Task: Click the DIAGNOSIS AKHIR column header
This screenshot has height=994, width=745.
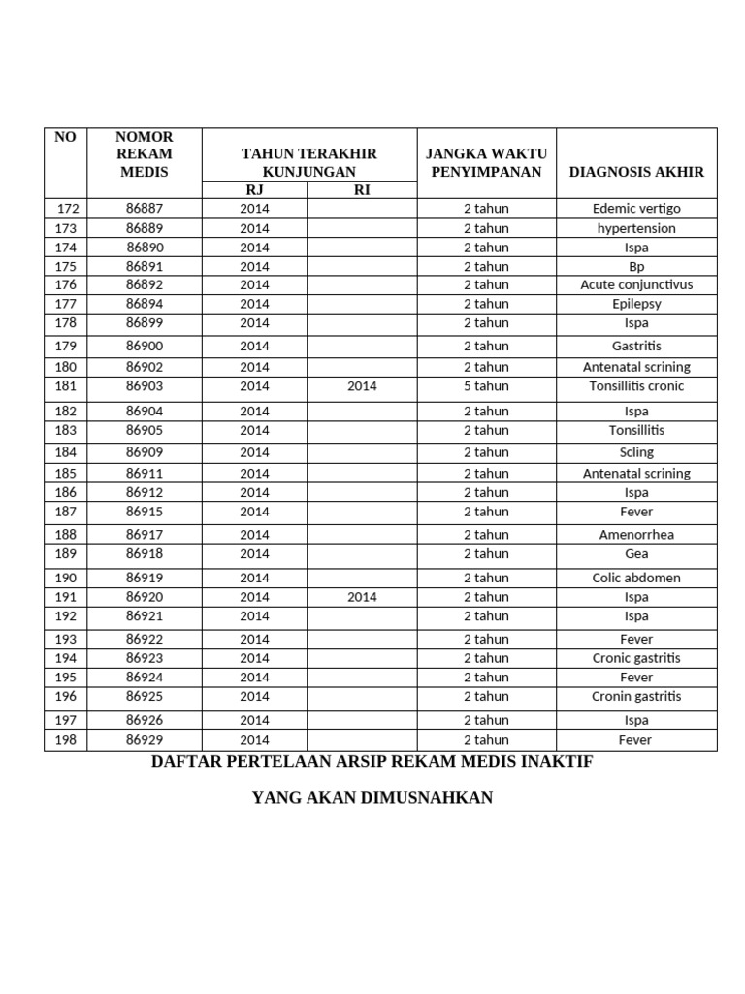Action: coord(636,172)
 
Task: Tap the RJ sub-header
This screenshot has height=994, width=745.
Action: coord(254,190)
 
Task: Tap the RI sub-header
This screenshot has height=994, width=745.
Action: coord(362,190)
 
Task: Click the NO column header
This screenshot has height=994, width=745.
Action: coord(65,137)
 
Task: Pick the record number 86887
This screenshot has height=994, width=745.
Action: coord(145,209)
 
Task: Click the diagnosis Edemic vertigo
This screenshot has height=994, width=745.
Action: coord(636,209)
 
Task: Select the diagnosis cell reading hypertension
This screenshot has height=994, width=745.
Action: coord(636,228)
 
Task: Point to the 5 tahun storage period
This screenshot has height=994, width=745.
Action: coord(486,386)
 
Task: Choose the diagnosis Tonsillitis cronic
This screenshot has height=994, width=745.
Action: coord(636,386)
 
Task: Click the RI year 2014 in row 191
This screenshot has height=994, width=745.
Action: coord(362,597)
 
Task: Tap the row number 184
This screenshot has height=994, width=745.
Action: coord(65,452)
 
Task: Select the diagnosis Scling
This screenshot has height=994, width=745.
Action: coord(636,452)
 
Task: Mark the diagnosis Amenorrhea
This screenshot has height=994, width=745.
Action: coord(636,535)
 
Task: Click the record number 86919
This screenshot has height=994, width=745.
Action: coord(145,578)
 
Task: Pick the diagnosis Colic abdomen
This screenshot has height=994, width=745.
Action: coord(636,578)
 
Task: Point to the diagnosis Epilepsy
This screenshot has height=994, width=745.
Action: coord(636,304)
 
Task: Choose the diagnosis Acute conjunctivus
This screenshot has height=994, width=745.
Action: coord(636,285)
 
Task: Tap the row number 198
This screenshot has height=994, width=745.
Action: coord(65,740)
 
